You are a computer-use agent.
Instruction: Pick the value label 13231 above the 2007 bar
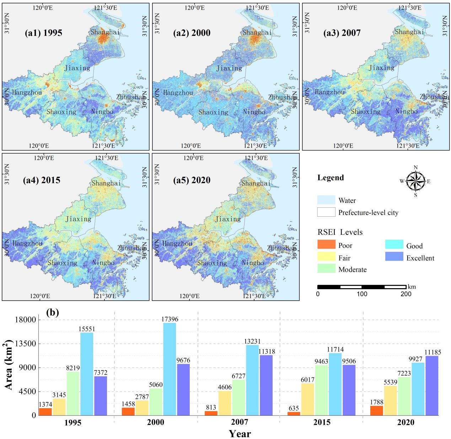252,342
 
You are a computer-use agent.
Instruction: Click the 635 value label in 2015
294,408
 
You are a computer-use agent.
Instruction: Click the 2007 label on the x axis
240,423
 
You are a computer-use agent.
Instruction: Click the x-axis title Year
240,434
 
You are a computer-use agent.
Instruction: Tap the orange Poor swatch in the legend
326,245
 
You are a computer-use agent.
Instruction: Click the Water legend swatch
326,200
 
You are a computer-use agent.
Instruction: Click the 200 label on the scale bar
406,294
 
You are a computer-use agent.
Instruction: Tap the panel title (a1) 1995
43,33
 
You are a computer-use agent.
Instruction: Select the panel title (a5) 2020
192,180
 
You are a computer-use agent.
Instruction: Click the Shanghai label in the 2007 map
410,32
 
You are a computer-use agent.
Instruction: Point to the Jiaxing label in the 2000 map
229,68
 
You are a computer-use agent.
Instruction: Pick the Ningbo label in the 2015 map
103,263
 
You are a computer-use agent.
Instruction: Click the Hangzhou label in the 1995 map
27,92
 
